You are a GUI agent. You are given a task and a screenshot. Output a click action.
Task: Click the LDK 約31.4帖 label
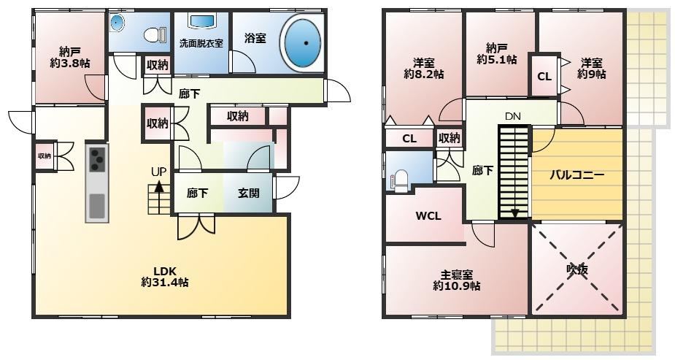165,277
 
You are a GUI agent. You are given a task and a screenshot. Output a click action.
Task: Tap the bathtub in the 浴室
303,42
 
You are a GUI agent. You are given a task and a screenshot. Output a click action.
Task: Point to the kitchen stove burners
97,159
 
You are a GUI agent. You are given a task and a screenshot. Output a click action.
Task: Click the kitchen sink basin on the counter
97,206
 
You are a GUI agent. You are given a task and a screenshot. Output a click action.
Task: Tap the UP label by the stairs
158,172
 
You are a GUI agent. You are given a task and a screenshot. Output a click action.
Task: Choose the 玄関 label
248,193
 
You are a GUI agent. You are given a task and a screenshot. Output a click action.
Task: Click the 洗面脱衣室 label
201,43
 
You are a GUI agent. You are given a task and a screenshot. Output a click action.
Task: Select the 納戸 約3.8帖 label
70,58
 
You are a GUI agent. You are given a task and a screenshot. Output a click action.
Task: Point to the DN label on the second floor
513,116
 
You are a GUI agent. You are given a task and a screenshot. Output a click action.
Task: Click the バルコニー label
576,175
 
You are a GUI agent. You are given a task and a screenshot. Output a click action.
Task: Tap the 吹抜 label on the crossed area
577,269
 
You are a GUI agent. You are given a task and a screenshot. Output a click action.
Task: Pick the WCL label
428,215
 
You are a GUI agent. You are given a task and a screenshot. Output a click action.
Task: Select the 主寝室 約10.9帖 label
457,280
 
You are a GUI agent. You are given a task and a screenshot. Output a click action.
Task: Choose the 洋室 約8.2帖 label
423,69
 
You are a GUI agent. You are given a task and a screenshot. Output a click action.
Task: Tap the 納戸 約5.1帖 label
497,53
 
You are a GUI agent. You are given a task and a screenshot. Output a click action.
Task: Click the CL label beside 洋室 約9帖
544,77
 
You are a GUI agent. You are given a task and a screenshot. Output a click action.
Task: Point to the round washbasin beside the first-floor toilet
117,22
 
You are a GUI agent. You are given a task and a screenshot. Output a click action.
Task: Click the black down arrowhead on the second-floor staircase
514,213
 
